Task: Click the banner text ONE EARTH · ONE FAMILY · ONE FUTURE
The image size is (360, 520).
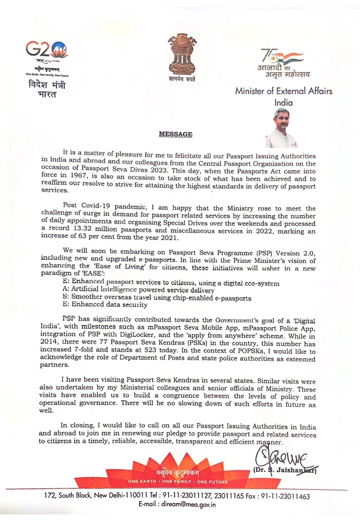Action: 183,481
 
